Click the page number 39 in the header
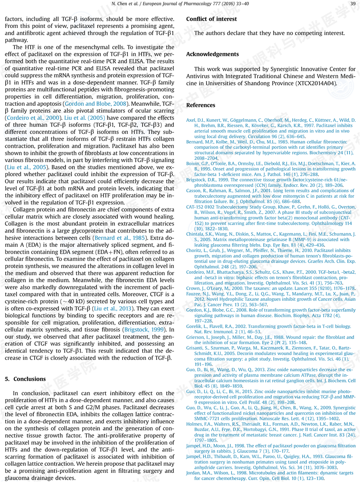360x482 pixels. [x=352, y=4]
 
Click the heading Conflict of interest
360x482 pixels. [x=211, y=19]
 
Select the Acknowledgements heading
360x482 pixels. [x=212, y=54]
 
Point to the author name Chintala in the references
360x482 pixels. [x=197, y=234]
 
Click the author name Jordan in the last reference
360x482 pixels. [x=194, y=473]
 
